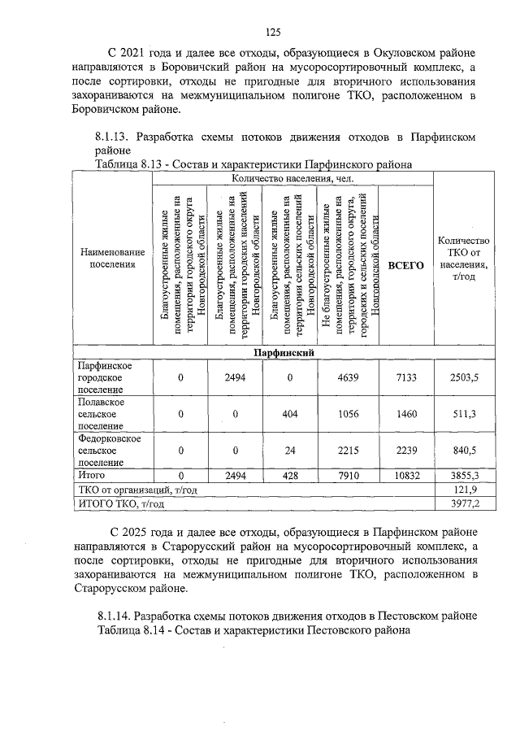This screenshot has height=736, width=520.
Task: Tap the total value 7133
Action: coord(405,377)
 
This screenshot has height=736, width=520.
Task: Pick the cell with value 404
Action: coord(289,414)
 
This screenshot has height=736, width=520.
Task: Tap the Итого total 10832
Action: coord(405,475)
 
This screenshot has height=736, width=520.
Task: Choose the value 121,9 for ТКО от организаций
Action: coord(465,490)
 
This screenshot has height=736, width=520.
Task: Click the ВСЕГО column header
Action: coord(405,265)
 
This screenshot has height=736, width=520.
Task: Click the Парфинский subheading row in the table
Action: coord(284,353)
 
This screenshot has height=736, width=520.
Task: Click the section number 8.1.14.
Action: coord(113,614)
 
